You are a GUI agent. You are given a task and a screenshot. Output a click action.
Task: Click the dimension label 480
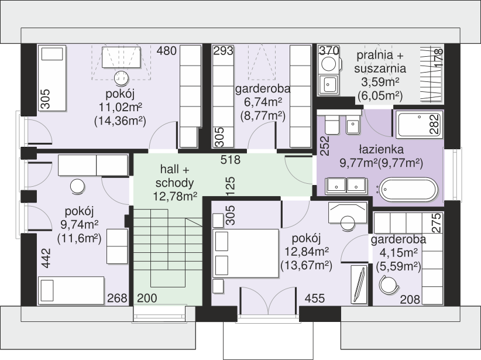167,51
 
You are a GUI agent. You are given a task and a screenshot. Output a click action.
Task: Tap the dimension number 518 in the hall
231,160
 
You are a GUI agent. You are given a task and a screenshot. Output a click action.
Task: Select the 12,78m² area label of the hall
175,196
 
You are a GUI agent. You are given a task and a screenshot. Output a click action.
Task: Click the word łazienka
382,149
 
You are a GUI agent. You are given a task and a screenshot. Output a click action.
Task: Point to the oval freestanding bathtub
408,189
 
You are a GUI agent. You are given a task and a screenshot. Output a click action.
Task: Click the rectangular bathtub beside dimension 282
420,124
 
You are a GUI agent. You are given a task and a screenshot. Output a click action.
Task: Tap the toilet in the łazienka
332,124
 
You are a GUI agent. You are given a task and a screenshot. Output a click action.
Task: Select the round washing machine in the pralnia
329,64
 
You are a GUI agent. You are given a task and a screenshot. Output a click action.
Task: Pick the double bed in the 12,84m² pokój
245,253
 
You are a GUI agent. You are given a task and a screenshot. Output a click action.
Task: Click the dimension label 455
315,298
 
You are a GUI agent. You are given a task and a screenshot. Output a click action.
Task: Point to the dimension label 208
410,299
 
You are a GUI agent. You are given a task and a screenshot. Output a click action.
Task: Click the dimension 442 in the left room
46,258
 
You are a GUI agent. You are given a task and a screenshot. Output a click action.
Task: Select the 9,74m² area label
80,225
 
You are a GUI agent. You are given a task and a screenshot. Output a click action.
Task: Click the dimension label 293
224,51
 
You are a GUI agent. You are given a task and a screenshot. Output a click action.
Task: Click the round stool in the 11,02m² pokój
121,78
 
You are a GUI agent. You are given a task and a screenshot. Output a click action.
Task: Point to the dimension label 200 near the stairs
147,298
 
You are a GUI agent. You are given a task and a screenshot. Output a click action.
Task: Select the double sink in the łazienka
346,186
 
